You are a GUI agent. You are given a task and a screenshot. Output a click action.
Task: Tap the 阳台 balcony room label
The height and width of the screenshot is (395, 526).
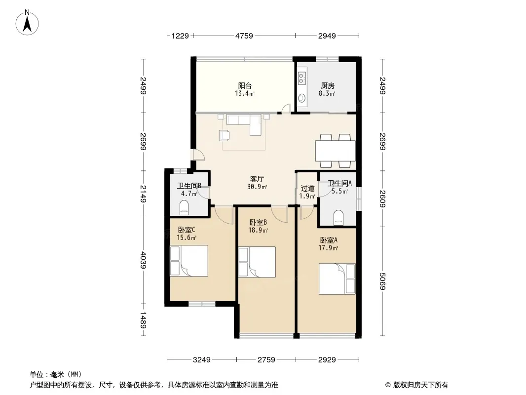(245, 85)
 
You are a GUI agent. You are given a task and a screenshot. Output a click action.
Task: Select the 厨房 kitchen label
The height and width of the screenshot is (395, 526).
(328, 85)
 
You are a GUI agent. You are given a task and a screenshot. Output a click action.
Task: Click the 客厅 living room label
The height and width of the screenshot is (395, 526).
(257, 179)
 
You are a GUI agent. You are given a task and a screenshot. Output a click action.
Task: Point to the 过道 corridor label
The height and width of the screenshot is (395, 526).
(307, 189)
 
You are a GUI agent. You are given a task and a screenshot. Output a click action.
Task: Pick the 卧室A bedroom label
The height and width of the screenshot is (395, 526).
(329, 240)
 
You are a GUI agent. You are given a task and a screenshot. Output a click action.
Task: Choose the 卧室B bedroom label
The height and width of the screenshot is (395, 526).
(258, 223)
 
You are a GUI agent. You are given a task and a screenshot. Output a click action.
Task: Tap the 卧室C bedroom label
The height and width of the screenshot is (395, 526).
(187, 230)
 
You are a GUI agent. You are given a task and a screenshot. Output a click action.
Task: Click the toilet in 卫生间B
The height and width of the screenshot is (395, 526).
(184, 208)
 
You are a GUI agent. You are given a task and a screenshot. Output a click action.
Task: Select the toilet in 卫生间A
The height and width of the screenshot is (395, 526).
(338, 217)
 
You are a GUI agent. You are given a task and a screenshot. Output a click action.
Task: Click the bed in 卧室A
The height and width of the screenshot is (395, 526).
(337, 279)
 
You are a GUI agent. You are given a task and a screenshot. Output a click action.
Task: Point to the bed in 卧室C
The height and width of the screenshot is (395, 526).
(189, 261)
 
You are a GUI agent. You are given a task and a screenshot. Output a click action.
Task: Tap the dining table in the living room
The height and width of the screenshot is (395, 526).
(335, 151)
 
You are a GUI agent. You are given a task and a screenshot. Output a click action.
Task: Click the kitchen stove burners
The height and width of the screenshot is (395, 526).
(301, 78)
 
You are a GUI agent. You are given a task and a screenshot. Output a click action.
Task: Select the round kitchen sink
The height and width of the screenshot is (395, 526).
(302, 98)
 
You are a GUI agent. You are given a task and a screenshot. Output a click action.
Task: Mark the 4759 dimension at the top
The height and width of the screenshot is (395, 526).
(244, 36)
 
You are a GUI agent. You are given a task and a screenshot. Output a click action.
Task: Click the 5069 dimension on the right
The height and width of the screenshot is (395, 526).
(382, 281)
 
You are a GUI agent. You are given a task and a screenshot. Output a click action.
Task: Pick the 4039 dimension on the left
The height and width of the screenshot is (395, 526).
(143, 260)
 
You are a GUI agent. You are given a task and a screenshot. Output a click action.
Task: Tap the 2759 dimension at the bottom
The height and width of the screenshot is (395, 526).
(266, 360)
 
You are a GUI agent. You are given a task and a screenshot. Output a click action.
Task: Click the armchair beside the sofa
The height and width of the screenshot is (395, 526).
(225, 135)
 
